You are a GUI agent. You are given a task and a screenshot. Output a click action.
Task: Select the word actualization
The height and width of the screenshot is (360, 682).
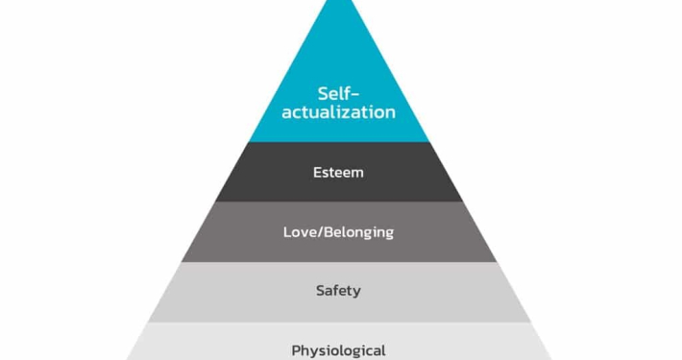coord(338,112)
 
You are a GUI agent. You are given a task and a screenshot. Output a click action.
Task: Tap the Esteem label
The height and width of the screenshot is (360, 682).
coord(338,173)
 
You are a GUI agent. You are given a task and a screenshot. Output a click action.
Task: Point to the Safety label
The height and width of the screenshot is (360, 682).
coord(338,291)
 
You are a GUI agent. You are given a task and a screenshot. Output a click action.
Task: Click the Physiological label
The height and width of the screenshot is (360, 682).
coord(338,350)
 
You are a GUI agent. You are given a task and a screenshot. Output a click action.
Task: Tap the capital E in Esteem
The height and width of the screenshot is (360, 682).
coord(318,173)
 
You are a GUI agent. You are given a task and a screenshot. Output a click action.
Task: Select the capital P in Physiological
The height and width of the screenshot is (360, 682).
coord(296,350)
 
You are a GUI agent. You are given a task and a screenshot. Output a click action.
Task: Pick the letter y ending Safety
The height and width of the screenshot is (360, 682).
coord(356,293)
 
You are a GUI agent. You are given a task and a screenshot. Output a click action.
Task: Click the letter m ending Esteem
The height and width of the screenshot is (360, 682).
coord(357,174)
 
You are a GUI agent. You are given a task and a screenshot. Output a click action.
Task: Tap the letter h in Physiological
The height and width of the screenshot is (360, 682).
coord(305,350)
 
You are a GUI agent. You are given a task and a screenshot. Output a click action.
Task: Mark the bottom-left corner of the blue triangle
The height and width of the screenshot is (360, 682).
coord(249,142)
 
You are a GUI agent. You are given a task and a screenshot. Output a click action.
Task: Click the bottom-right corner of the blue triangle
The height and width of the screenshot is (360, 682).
coord(429,142)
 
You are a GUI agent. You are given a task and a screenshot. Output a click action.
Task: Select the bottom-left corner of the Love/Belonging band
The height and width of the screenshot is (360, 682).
coord(182,262)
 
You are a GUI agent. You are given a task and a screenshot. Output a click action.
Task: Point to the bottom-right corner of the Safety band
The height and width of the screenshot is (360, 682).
coord(531,323)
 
